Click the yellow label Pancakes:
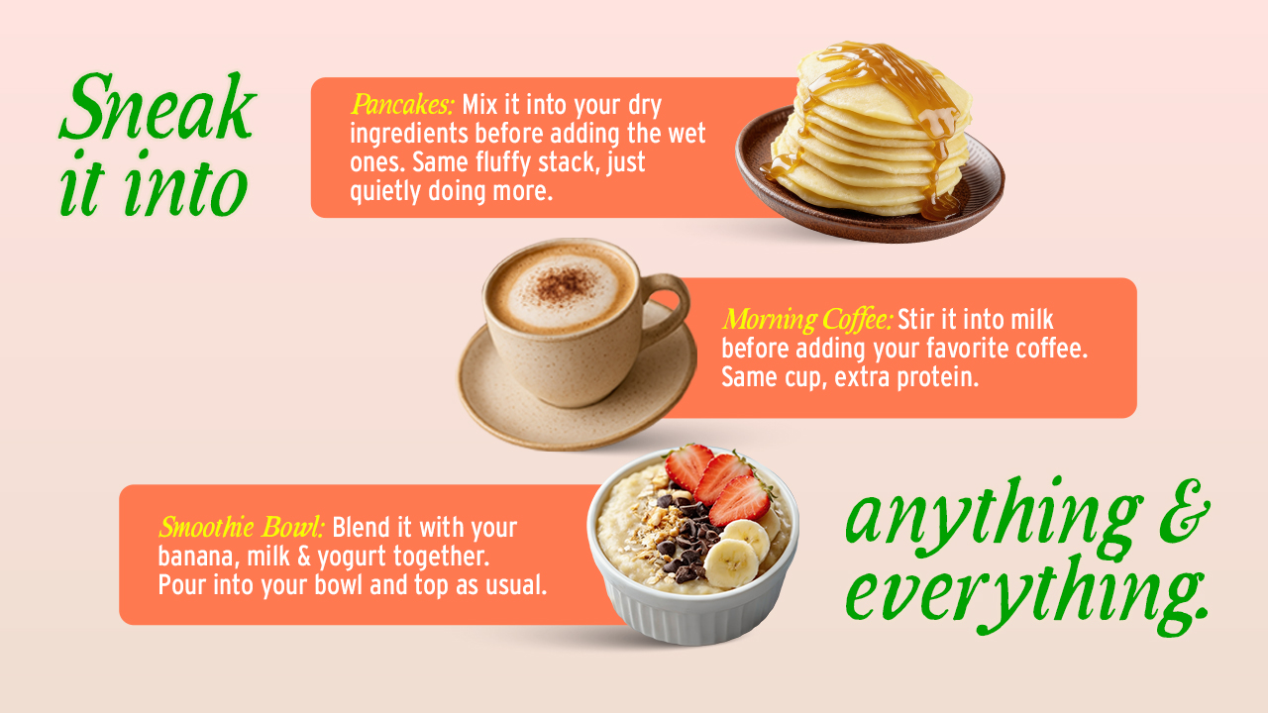tap(402, 105)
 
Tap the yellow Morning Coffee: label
tap(807, 320)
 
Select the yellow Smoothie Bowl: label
tap(242, 528)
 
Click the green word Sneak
tap(158, 106)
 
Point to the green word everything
tap(1026, 595)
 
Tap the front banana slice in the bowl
tap(731, 562)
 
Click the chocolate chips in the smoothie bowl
tap(687, 538)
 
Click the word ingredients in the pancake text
tap(409, 135)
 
